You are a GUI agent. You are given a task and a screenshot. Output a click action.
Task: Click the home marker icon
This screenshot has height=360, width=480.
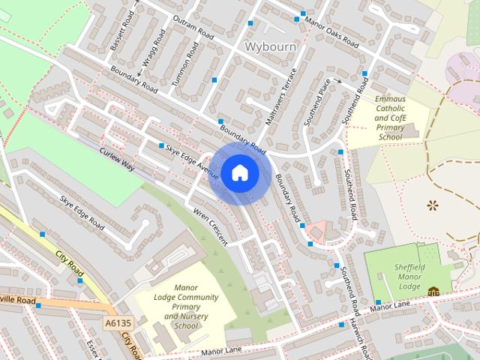239,173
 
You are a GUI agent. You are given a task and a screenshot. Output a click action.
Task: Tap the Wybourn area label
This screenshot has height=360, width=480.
271,46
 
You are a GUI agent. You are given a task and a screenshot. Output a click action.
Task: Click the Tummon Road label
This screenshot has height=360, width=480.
185,63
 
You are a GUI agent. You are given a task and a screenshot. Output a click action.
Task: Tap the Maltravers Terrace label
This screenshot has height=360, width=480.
283,96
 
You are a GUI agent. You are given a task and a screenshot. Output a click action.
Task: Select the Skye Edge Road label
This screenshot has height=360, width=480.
82,211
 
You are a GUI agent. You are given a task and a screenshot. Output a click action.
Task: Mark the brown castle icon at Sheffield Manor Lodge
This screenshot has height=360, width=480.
433,291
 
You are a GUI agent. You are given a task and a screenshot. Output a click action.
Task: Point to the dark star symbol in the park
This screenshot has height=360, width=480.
432,204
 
